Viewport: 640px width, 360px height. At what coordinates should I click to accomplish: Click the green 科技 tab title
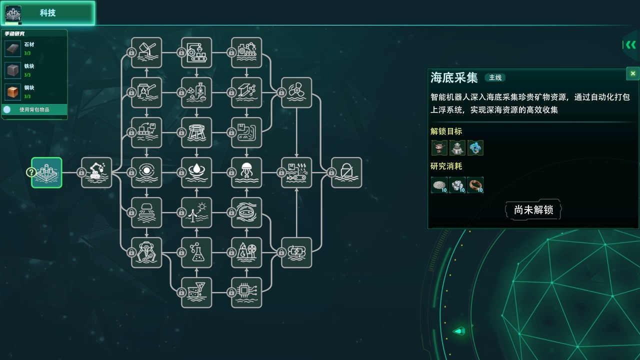coord(47,13)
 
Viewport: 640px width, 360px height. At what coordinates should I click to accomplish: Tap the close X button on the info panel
coord(633,73)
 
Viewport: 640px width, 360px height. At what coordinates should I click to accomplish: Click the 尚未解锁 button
coord(533,210)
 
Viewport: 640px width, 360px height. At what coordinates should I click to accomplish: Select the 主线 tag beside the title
coord(495,77)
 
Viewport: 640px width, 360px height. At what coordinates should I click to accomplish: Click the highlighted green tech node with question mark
coord(46,172)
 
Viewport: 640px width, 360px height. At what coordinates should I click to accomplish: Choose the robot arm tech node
coord(96,172)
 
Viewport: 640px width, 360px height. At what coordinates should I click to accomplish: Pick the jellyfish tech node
coord(246,172)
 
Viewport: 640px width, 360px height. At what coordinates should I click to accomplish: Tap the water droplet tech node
coord(196,172)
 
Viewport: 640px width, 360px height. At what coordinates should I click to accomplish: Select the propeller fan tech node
coord(296,92)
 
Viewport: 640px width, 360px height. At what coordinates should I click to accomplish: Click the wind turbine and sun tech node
coord(196,212)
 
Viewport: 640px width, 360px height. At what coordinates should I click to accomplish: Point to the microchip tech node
coord(246,292)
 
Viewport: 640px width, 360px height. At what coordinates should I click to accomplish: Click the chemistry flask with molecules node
coord(196,252)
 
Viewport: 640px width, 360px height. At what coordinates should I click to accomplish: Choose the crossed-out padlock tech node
coord(346,172)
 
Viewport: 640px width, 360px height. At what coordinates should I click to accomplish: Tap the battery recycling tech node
coord(296,252)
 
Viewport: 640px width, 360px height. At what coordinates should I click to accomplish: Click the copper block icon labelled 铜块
coord(13,92)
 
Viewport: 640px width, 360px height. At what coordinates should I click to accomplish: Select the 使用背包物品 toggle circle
coord(7,109)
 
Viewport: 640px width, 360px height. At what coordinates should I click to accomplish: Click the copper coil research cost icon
coord(475,185)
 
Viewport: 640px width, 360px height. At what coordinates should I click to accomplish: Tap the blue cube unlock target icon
coord(475,147)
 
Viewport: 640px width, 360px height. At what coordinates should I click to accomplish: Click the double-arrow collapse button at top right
coord(631,45)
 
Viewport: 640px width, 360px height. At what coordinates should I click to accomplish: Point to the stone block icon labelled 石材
coord(13,48)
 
